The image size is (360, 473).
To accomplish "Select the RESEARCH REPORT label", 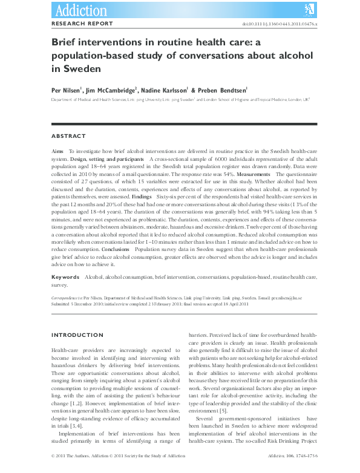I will coord(82,24).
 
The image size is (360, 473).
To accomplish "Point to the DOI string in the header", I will coord(280,24).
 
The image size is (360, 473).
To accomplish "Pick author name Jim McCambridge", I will coord(113,90).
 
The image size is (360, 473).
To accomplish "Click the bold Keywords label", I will coord(65,276).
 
